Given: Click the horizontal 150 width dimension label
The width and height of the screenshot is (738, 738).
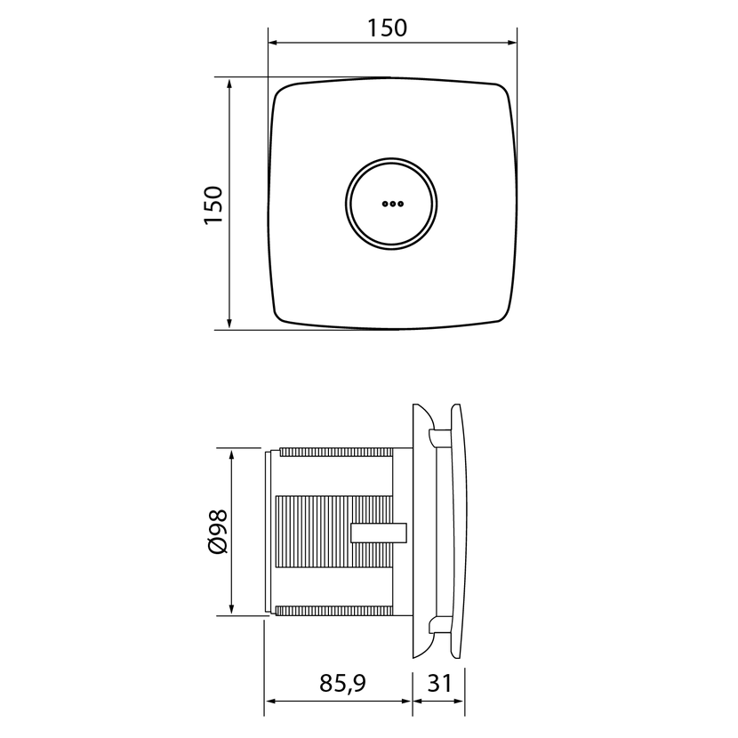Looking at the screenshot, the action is pyautogui.click(x=387, y=28).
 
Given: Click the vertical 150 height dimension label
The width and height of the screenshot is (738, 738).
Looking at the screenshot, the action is pyautogui.click(x=213, y=205).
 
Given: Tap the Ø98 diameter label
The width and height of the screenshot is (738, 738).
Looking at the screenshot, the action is pyautogui.click(x=218, y=532).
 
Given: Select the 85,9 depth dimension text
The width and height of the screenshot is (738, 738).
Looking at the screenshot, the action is pyautogui.click(x=342, y=684).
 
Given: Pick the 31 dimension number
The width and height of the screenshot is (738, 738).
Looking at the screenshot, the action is pyautogui.click(x=439, y=683).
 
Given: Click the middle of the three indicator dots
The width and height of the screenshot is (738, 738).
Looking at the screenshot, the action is pyautogui.click(x=392, y=204).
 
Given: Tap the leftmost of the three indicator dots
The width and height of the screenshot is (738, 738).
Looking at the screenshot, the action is pyautogui.click(x=384, y=204).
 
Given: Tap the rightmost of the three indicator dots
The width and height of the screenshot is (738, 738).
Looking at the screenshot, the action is pyautogui.click(x=400, y=204).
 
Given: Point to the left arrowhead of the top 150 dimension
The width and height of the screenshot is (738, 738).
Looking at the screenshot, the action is pyautogui.click(x=272, y=43).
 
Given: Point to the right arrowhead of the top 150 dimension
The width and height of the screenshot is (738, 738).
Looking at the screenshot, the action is pyautogui.click(x=512, y=43).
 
